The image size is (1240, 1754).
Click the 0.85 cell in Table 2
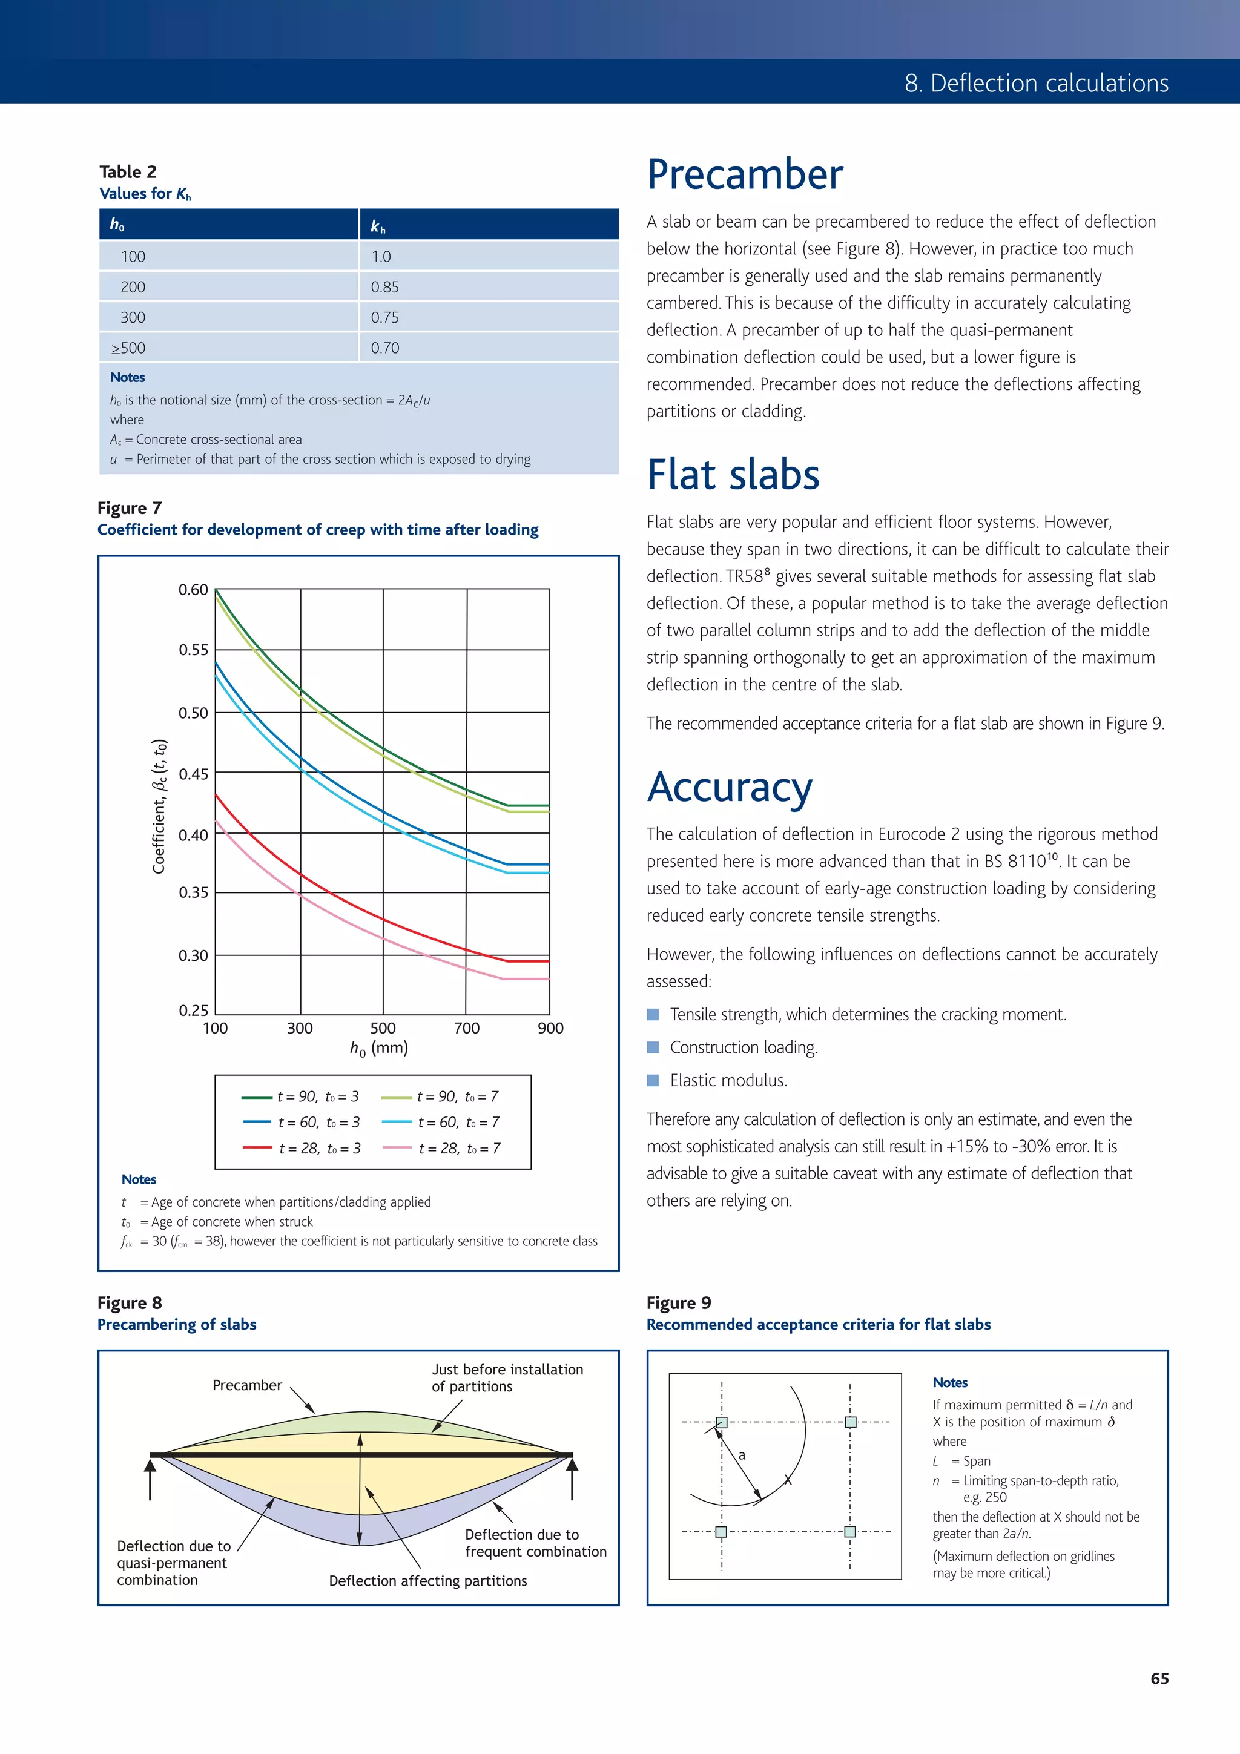pyautogui.click(x=385, y=287)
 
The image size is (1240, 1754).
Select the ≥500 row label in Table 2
pyautogui.click(x=128, y=348)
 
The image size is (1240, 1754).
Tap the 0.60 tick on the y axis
pyautogui.click(x=193, y=590)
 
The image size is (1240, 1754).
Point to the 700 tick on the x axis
pyautogui.click(x=467, y=1028)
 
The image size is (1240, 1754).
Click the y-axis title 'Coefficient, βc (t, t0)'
pyautogui.click(x=159, y=806)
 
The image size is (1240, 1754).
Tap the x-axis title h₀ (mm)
pyautogui.click(x=379, y=1048)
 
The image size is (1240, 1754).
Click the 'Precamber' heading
pyautogui.click(x=745, y=174)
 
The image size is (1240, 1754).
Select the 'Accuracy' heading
pyautogui.click(x=730, y=787)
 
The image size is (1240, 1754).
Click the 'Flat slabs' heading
pyautogui.click(x=733, y=475)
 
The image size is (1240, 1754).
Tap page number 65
pyautogui.click(x=1159, y=1678)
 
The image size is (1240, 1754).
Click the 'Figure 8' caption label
pyautogui.click(x=130, y=1302)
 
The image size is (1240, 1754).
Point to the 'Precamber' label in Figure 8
pyautogui.click(x=247, y=1385)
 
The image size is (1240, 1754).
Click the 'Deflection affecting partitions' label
pyautogui.click(x=428, y=1581)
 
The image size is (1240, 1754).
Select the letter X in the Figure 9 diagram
pyautogui.click(x=788, y=1480)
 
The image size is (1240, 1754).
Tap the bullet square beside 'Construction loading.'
pyautogui.click(x=653, y=1047)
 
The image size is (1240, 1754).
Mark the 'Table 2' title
pyautogui.click(x=128, y=172)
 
